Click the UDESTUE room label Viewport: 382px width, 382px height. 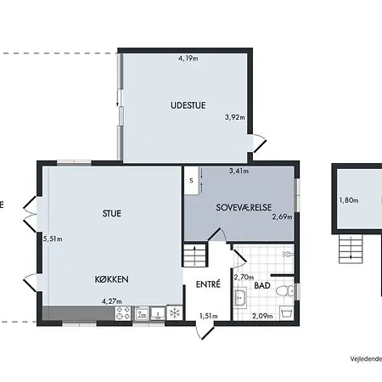(x=188, y=105)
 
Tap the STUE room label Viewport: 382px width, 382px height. (x=112, y=213)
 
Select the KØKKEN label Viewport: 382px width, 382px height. (x=111, y=279)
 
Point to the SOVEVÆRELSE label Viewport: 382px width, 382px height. (x=244, y=207)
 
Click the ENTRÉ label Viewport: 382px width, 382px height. (x=208, y=284)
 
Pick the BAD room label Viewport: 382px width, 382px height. (x=262, y=285)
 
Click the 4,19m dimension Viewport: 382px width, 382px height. (x=188, y=59)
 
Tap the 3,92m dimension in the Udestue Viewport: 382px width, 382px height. (x=235, y=117)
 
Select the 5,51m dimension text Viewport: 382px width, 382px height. (x=53, y=239)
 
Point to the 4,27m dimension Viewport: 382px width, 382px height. (x=112, y=301)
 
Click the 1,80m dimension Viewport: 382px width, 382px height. (x=349, y=200)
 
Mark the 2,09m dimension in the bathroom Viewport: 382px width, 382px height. (x=262, y=316)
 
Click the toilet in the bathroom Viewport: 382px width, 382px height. (x=285, y=291)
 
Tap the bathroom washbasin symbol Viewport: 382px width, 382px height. (x=240, y=298)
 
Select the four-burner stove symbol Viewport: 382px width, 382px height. (x=123, y=313)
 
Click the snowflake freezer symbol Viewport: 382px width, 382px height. (x=175, y=313)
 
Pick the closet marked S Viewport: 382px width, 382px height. (x=192, y=181)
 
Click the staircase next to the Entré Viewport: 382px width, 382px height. (x=194, y=256)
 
